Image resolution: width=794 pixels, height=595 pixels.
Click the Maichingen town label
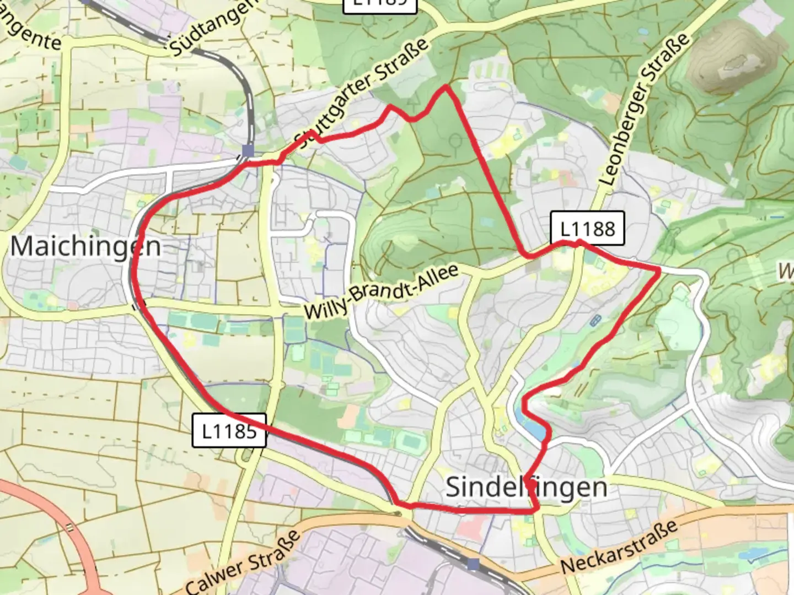(85, 246)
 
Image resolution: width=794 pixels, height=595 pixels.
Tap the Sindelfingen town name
(526, 487)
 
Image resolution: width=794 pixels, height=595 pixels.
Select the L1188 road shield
(587, 228)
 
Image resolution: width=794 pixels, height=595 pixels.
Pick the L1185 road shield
(229, 430)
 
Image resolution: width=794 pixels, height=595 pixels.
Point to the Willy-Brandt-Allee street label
(381, 291)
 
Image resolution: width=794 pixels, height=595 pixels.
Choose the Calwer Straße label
(243, 562)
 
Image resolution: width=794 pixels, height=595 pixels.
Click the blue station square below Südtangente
(248, 150)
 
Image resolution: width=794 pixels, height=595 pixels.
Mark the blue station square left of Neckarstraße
(473, 564)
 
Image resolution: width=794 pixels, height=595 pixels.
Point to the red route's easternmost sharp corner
(659, 269)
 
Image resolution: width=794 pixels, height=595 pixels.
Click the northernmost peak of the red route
(446, 86)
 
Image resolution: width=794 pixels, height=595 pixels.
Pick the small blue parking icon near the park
(595, 321)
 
